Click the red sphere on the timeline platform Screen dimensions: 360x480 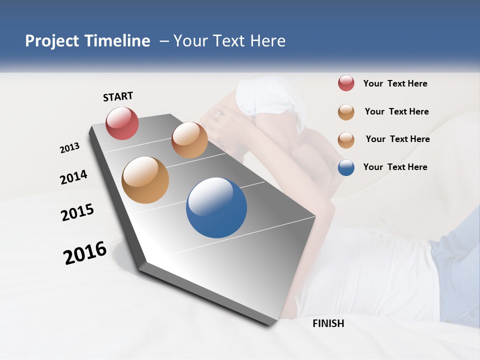(122, 123)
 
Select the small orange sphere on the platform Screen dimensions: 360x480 (189, 140)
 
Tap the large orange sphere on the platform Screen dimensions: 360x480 (145, 180)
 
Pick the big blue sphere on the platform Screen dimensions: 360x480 (216, 207)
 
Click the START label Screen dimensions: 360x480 (118, 96)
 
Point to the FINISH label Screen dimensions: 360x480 (328, 323)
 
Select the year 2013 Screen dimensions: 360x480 (69, 148)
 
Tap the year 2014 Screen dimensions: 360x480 (73, 177)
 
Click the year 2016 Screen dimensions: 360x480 (85, 253)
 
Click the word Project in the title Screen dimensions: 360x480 (52, 41)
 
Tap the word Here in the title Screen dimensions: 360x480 (267, 41)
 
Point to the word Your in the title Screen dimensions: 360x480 (189, 41)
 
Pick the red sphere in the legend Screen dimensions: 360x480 (346, 83)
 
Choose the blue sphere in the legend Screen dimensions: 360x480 (346, 167)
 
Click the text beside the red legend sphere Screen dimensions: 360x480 (395, 83)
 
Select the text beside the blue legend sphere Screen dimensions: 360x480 (395, 167)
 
